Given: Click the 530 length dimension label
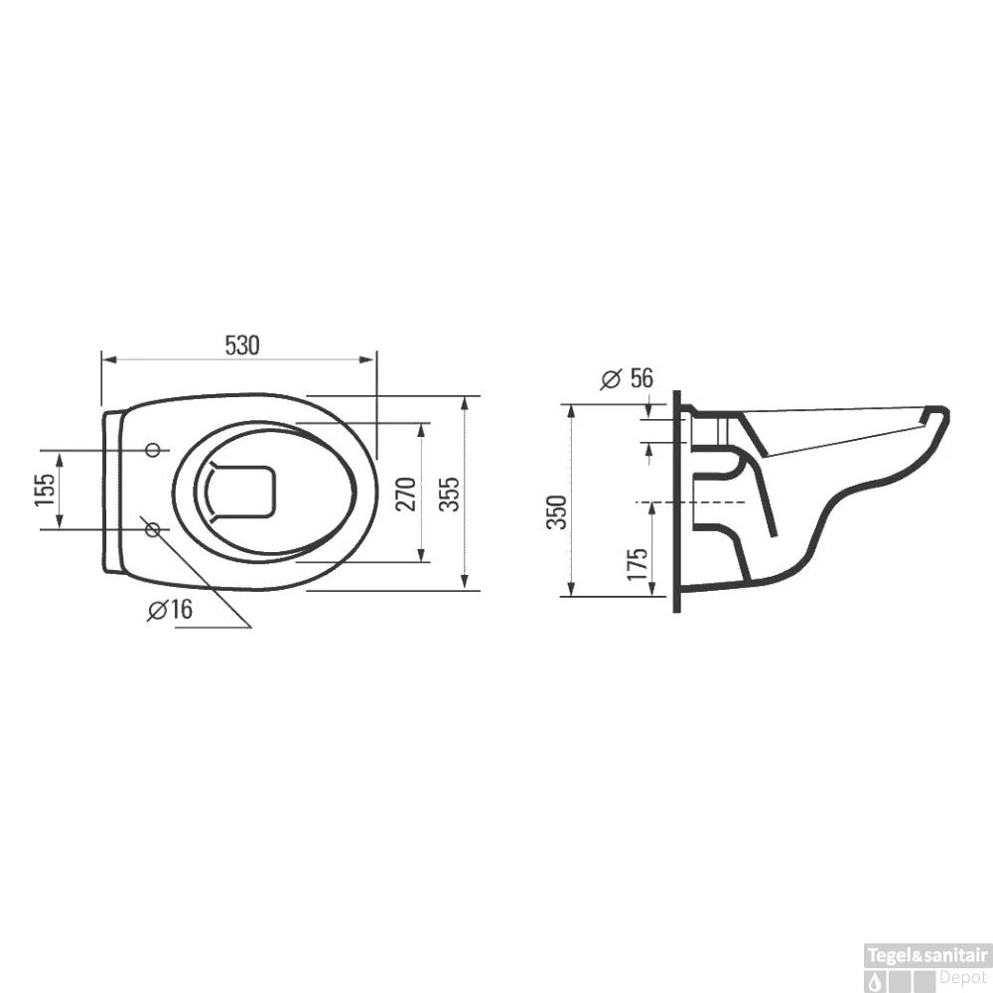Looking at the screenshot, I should [x=241, y=346].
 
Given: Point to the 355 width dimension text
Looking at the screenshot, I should [x=451, y=492].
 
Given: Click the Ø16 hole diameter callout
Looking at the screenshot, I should [x=170, y=611].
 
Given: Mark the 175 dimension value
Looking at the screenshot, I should [x=638, y=562].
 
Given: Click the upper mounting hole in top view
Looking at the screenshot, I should [x=153, y=451].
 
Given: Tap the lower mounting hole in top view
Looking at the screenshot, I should [x=153, y=530].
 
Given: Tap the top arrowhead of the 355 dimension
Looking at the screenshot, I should [x=465, y=401].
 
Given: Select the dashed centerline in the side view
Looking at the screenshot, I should [x=695, y=502].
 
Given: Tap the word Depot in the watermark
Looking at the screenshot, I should [x=961, y=976].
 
